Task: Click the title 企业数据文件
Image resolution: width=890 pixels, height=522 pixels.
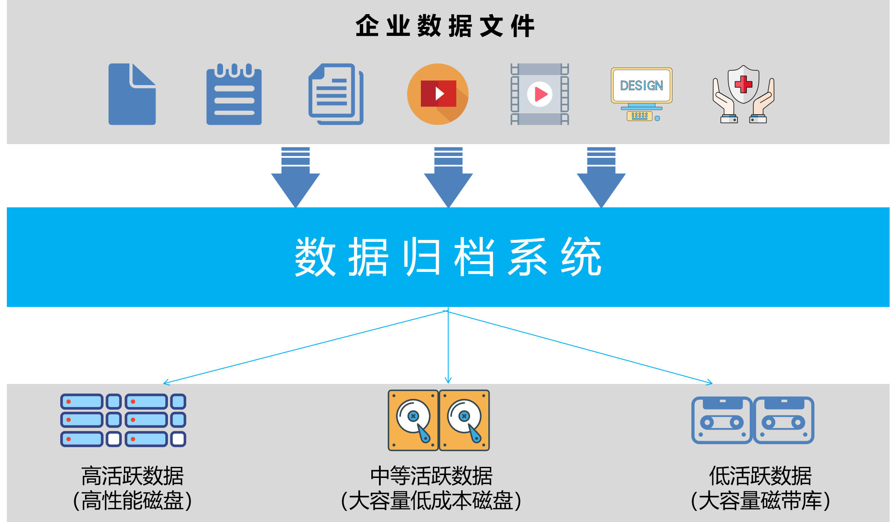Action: tap(445, 26)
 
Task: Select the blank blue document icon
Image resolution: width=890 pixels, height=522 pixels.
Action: tap(132, 94)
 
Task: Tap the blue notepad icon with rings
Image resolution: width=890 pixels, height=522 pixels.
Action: tap(234, 95)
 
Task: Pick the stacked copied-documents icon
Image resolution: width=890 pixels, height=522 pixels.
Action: tap(335, 94)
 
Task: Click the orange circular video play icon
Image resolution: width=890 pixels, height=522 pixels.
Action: tap(438, 94)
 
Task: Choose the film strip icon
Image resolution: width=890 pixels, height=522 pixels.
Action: tap(540, 94)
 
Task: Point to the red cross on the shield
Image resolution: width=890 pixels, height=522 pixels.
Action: tap(743, 84)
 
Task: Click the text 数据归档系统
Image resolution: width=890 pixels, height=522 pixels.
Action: tap(448, 257)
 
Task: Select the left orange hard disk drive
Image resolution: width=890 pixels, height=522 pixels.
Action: tap(413, 420)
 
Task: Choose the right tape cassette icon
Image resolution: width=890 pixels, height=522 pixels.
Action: tap(784, 420)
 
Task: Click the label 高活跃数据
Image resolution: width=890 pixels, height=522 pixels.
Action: tap(132, 476)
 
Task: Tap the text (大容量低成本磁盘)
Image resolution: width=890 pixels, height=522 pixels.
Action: tap(431, 501)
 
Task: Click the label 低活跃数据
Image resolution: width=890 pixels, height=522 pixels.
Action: tap(760, 476)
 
